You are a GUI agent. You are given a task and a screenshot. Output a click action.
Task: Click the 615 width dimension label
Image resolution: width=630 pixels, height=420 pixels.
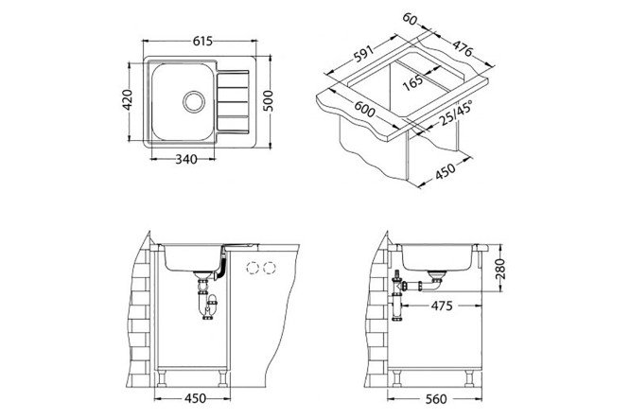tap(202, 42)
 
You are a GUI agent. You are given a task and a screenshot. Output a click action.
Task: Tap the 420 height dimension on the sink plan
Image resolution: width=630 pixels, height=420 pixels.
tap(128, 100)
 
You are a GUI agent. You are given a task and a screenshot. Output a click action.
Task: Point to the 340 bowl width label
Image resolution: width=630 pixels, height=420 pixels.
tap(186, 160)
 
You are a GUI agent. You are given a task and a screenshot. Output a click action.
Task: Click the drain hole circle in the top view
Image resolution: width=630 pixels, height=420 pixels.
tap(194, 101)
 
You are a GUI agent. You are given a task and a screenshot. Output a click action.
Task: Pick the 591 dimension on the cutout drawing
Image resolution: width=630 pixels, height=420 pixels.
tap(364, 54)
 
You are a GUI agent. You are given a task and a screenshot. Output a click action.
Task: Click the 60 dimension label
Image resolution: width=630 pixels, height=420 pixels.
tap(410, 19)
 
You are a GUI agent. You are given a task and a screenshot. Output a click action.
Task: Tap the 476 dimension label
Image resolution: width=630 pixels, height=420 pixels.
tap(463, 48)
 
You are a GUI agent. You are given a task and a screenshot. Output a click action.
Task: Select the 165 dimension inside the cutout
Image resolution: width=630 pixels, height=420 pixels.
tap(412, 82)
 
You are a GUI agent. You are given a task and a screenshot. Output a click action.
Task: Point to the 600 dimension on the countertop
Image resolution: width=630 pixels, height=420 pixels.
tap(364, 109)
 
